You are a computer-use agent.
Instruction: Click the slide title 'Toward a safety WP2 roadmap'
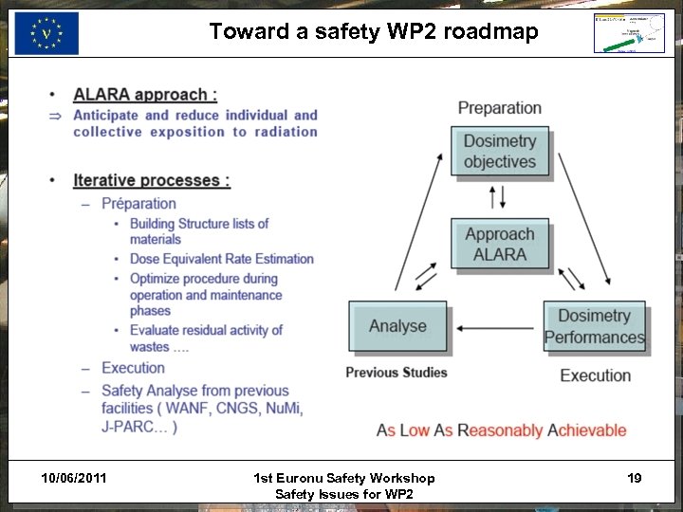[x=374, y=32]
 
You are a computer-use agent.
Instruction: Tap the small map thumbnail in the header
[x=629, y=34]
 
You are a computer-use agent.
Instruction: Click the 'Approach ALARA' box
[x=500, y=245]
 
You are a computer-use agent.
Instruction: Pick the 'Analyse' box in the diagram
[x=397, y=327]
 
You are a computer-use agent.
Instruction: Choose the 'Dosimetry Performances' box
[x=595, y=327]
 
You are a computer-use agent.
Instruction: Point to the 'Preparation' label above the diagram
[x=500, y=108]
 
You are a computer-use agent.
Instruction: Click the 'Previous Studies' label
[x=397, y=373]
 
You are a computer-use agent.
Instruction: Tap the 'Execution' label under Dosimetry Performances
[x=595, y=375]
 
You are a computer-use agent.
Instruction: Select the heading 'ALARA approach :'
[x=145, y=94]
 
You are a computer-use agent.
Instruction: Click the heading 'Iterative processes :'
[x=152, y=180]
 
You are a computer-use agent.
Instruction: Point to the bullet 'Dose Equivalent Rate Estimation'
[x=222, y=259]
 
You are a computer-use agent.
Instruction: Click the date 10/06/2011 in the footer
[x=75, y=478]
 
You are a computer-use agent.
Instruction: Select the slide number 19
[x=634, y=478]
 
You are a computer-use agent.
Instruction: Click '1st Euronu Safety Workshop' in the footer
[x=344, y=478]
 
